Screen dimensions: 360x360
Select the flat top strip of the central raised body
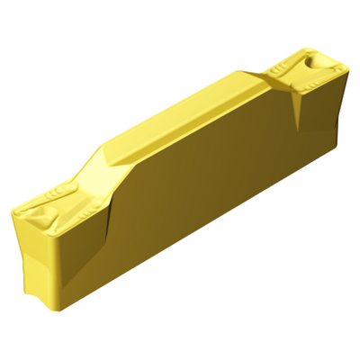click(180, 108)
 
